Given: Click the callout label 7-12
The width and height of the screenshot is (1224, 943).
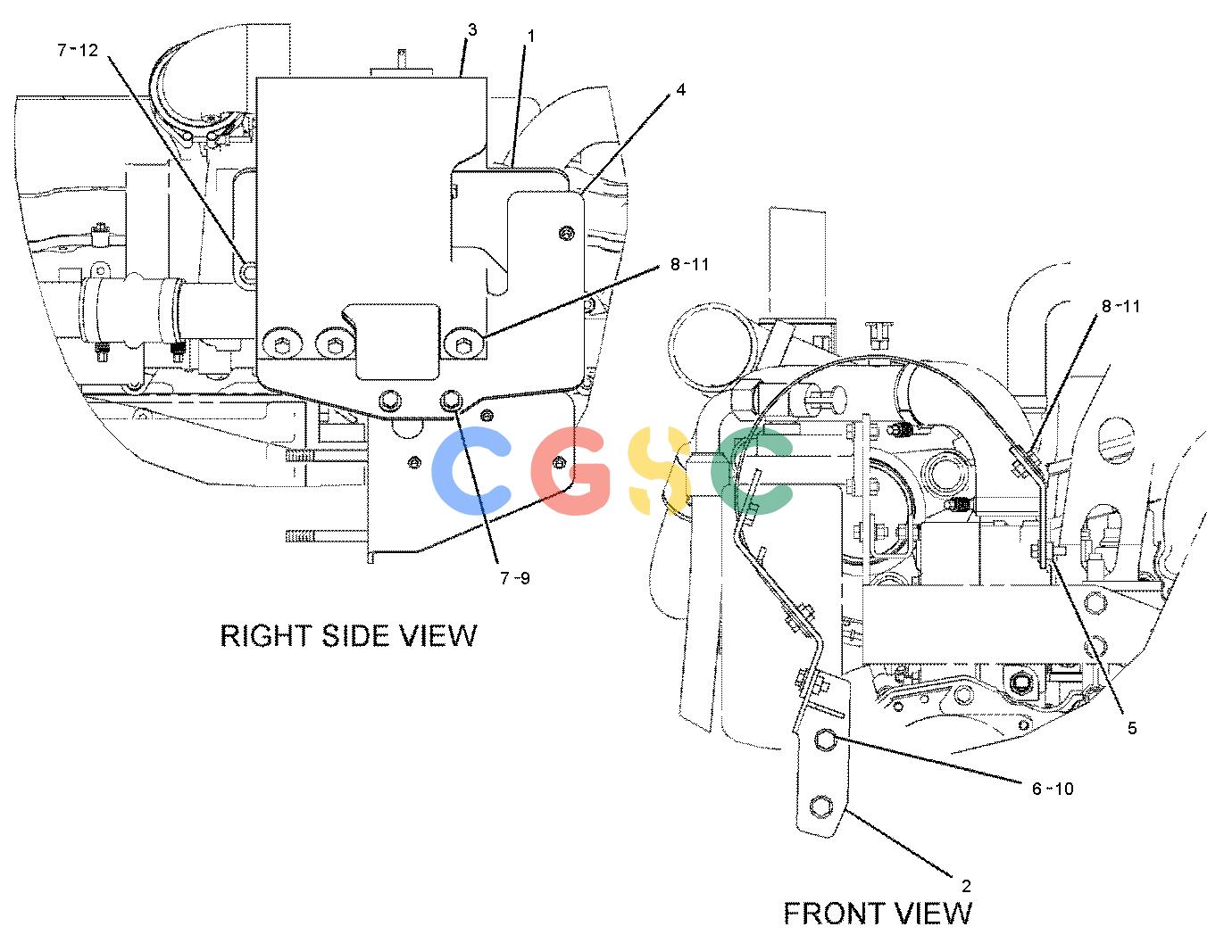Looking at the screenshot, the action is (78, 51).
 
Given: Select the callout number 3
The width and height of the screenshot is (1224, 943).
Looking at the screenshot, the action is (472, 29).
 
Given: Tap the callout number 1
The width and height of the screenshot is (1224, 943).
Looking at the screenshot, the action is (530, 37).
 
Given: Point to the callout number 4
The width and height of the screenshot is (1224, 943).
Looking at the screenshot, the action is (681, 89).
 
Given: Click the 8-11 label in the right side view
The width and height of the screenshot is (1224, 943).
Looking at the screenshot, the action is (689, 264).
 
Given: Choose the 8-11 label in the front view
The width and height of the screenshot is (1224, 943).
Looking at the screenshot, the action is (1121, 307).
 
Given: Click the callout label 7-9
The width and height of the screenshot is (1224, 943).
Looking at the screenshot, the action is (515, 578).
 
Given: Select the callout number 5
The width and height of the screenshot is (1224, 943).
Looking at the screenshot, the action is (1132, 729).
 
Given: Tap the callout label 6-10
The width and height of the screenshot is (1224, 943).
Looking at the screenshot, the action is (1053, 789).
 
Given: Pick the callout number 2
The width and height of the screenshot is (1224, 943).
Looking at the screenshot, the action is (967, 886).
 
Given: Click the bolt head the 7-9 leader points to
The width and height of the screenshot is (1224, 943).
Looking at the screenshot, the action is (451, 401).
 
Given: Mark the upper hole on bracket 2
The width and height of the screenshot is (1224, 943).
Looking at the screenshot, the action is (825, 740).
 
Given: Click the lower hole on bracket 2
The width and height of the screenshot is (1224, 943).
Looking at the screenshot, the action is (820, 807).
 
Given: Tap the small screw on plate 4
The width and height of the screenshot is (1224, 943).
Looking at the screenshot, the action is (567, 232).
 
